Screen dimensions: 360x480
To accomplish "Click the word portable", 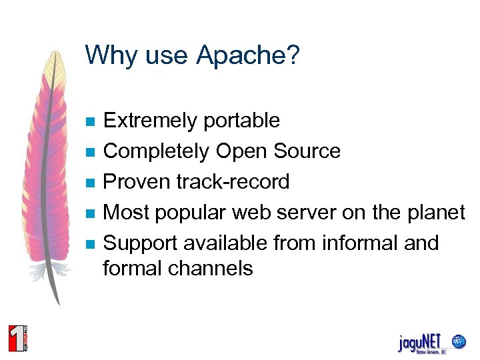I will [x=241, y=121].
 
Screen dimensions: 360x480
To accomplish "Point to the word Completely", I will [x=157, y=151].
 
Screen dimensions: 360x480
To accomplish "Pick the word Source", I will [x=307, y=151].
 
